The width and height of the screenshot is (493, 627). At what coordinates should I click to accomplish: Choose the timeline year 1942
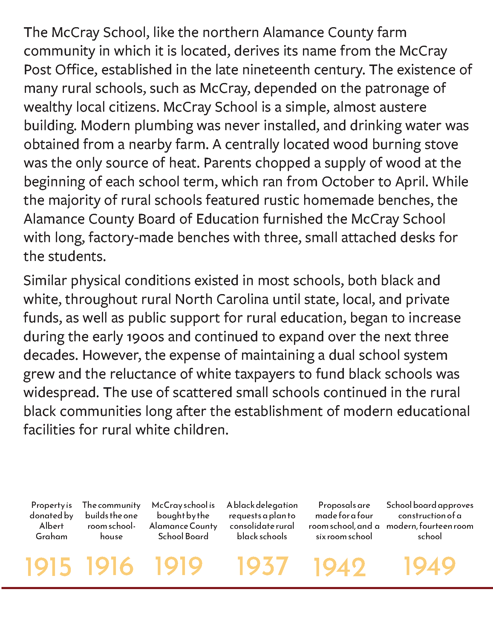pyautogui.click(x=339, y=567)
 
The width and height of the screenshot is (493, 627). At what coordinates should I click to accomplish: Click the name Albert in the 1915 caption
pyautogui.click(x=51, y=526)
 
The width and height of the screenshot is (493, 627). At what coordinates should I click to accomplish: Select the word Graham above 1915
pyautogui.click(x=51, y=537)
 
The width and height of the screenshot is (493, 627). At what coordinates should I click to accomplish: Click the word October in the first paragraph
pyautogui.click(x=347, y=182)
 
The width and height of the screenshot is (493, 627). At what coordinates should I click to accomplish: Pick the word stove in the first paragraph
pyautogui.click(x=442, y=144)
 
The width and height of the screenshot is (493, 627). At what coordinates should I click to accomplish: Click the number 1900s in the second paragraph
pyautogui.click(x=145, y=337)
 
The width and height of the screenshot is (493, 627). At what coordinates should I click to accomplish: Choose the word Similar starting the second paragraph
pyautogui.click(x=45, y=281)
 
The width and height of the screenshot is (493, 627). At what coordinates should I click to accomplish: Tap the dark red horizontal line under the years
pyautogui.click(x=246, y=588)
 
